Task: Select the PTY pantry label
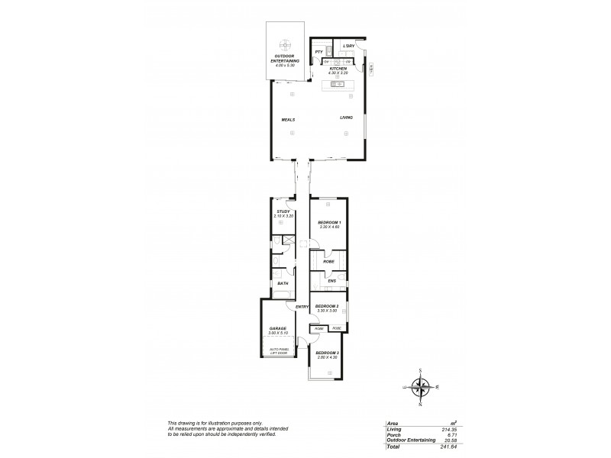318,53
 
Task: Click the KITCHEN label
338,69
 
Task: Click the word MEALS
288,120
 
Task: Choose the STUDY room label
283,211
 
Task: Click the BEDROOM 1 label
328,222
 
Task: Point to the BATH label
283,284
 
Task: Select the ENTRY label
302,307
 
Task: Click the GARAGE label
277,329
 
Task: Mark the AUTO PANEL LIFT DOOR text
277,350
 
